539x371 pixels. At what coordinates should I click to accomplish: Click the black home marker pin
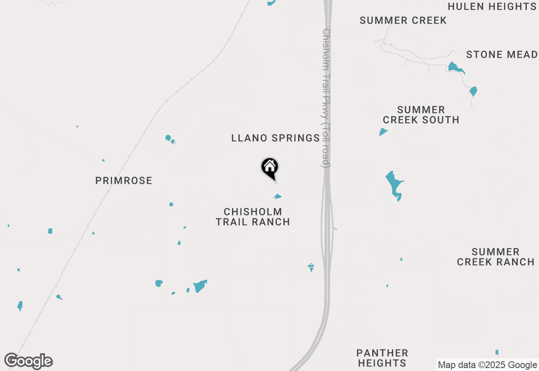[269, 167]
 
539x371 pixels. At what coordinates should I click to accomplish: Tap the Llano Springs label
[275, 138]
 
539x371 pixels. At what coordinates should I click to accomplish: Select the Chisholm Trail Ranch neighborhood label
[253, 217]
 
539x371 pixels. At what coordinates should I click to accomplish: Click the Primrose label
[123, 181]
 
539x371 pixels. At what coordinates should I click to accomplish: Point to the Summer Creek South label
[421, 115]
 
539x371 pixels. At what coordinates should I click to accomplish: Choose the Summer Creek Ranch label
[496, 257]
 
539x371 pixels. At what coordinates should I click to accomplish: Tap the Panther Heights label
[382, 358]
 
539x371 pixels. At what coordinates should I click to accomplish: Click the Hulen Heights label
[492, 7]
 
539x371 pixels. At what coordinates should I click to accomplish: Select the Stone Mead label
[502, 55]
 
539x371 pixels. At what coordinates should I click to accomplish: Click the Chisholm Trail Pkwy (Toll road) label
[326, 98]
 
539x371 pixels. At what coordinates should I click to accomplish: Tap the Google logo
[29, 361]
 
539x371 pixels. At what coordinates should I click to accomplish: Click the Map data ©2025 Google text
[487, 365]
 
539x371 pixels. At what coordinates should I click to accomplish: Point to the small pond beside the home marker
[277, 196]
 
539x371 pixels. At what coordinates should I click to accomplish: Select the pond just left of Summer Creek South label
[383, 132]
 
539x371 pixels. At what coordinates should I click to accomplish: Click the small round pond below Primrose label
[171, 204]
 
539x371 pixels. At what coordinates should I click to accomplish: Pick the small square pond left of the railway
[50, 231]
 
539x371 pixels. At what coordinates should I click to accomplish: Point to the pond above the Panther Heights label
[311, 267]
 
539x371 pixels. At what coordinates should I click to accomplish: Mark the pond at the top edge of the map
[271, 3]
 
